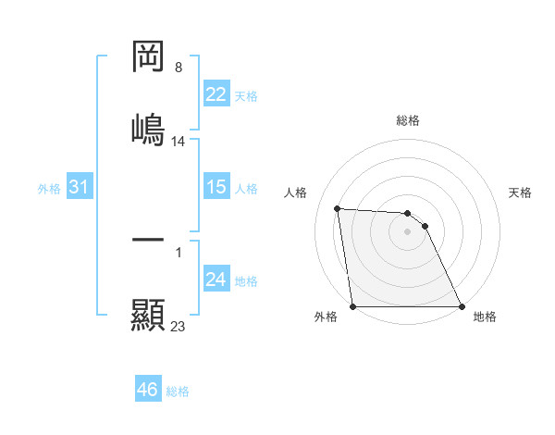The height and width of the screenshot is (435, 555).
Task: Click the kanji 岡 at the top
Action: click(x=148, y=57)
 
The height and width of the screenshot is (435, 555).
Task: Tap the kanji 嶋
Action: click(x=148, y=128)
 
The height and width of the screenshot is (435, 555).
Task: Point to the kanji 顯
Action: click(x=148, y=315)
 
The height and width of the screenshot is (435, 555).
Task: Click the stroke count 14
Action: click(x=179, y=142)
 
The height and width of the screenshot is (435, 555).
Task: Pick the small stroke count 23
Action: click(x=179, y=326)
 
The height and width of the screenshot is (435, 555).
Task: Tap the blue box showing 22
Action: click(x=216, y=94)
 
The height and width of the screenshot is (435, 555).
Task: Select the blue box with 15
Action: click(x=216, y=187)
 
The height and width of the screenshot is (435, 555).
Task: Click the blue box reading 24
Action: click(x=216, y=280)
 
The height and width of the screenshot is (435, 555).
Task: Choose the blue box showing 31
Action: click(x=80, y=187)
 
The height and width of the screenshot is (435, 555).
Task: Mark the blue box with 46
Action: click(x=148, y=390)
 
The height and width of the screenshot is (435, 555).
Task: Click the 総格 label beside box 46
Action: click(x=178, y=391)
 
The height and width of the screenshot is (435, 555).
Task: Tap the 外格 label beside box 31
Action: click(x=49, y=189)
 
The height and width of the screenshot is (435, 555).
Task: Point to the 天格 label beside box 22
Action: click(x=246, y=96)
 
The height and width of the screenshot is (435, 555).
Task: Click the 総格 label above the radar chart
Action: click(x=407, y=120)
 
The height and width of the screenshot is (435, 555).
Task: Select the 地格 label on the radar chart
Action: click(x=485, y=317)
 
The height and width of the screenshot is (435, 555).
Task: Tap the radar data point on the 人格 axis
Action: click(x=338, y=208)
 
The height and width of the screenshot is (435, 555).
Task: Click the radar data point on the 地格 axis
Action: click(x=461, y=306)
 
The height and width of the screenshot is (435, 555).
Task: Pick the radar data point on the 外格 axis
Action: click(x=353, y=306)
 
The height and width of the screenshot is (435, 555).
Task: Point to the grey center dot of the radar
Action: click(x=407, y=231)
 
